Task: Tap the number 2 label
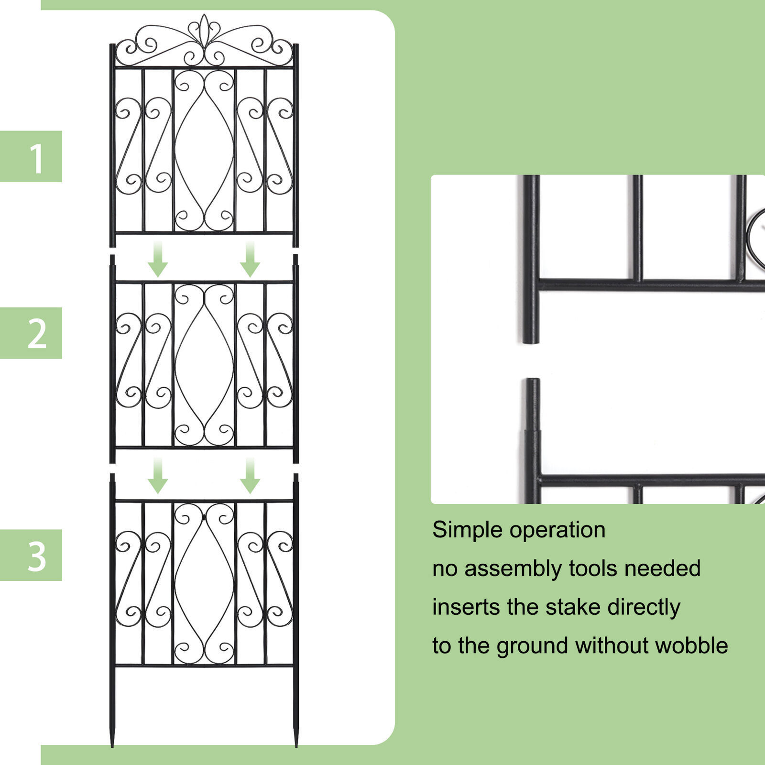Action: coord(37,333)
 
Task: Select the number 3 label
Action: coord(37,556)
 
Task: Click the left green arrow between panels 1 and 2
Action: coord(157,259)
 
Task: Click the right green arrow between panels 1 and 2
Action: coord(250,259)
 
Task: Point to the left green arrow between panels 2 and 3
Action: coord(157,476)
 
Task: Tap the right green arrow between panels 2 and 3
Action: coord(250,476)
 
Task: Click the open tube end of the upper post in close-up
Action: coord(531,339)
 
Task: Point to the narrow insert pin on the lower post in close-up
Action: coord(532,404)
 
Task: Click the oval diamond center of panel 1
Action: coord(204,151)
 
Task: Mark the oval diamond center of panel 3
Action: coord(204,583)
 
